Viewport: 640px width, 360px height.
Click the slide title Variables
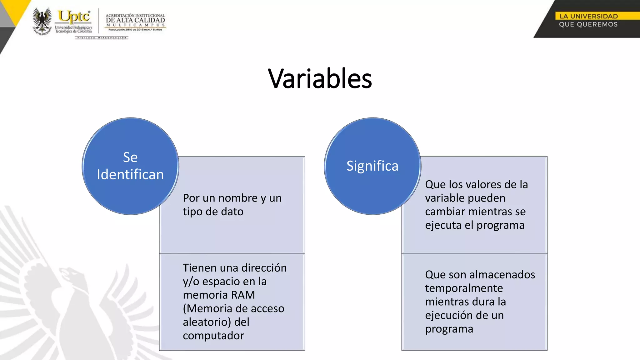tap(320, 78)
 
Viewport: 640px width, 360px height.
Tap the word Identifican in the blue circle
tap(130, 174)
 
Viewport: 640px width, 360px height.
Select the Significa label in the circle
tap(372, 166)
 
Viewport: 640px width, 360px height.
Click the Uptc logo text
tap(74, 16)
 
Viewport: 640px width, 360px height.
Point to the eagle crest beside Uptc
tap(42, 21)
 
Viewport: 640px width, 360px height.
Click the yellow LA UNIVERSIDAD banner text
tap(588, 16)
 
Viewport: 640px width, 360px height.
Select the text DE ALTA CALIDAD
tap(135, 20)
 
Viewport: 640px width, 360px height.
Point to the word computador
tap(213, 336)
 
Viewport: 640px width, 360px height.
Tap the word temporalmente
tap(464, 288)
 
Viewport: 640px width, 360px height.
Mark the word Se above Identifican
tap(130, 157)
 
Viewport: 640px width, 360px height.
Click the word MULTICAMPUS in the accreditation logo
tap(135, 25)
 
